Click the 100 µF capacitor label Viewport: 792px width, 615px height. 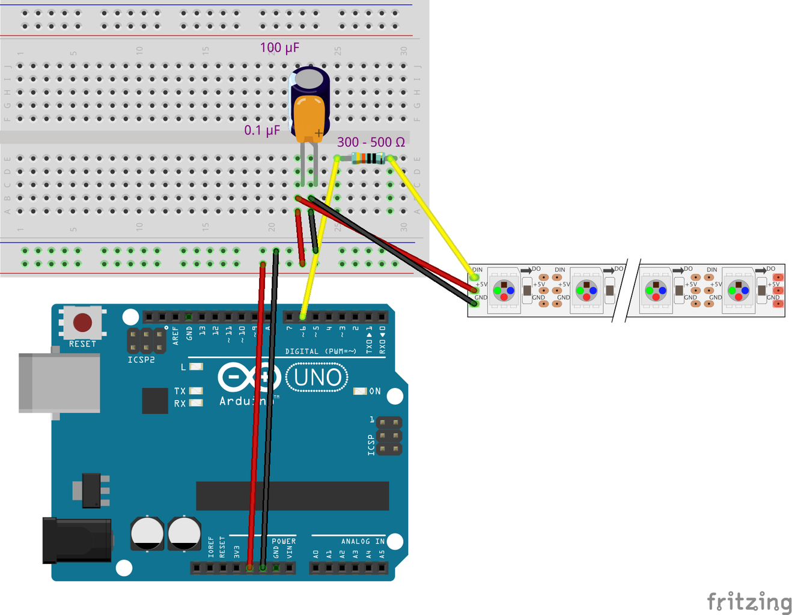pyautogui.click(x=279, y=47)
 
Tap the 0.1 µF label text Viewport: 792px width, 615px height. pyautogui.click(x=262, y=130)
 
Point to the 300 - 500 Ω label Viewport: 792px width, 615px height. pyautogui.click(x=371, y=142)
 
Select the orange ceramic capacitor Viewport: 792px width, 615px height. pyautogui.click(x=309, y=118)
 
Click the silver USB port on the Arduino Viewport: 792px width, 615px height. pyautogui.click(x=59, y=383)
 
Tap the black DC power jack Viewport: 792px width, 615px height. pyautogui.click(x=76, y=540)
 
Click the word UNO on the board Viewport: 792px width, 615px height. pyautogui.click(x=317, y=378)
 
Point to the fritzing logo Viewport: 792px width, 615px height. pyautogui.click(x=749, y=601)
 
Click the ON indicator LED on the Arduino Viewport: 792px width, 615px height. pyautogui.click(x=360, y=391)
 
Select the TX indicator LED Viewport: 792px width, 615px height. pyautogui.click(x=196, y=391)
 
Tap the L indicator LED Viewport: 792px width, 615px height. pyautogui.click(x=196, y=366)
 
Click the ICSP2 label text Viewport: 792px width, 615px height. pyautogui.click(x=141, y=360)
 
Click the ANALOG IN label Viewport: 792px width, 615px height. pyautogui.click(x=363, y=541)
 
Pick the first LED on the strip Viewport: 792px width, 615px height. pyautogui.click(x=504, y=290)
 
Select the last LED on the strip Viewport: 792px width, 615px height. pyautogui.click(x=739, y=290)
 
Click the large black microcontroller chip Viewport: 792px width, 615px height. pyautogui.click(x=292, y=496)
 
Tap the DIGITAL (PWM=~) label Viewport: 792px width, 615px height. pyautogui.click(x=320, y=351)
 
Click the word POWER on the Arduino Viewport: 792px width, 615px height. pyautogui.click(x=284, y=541)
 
